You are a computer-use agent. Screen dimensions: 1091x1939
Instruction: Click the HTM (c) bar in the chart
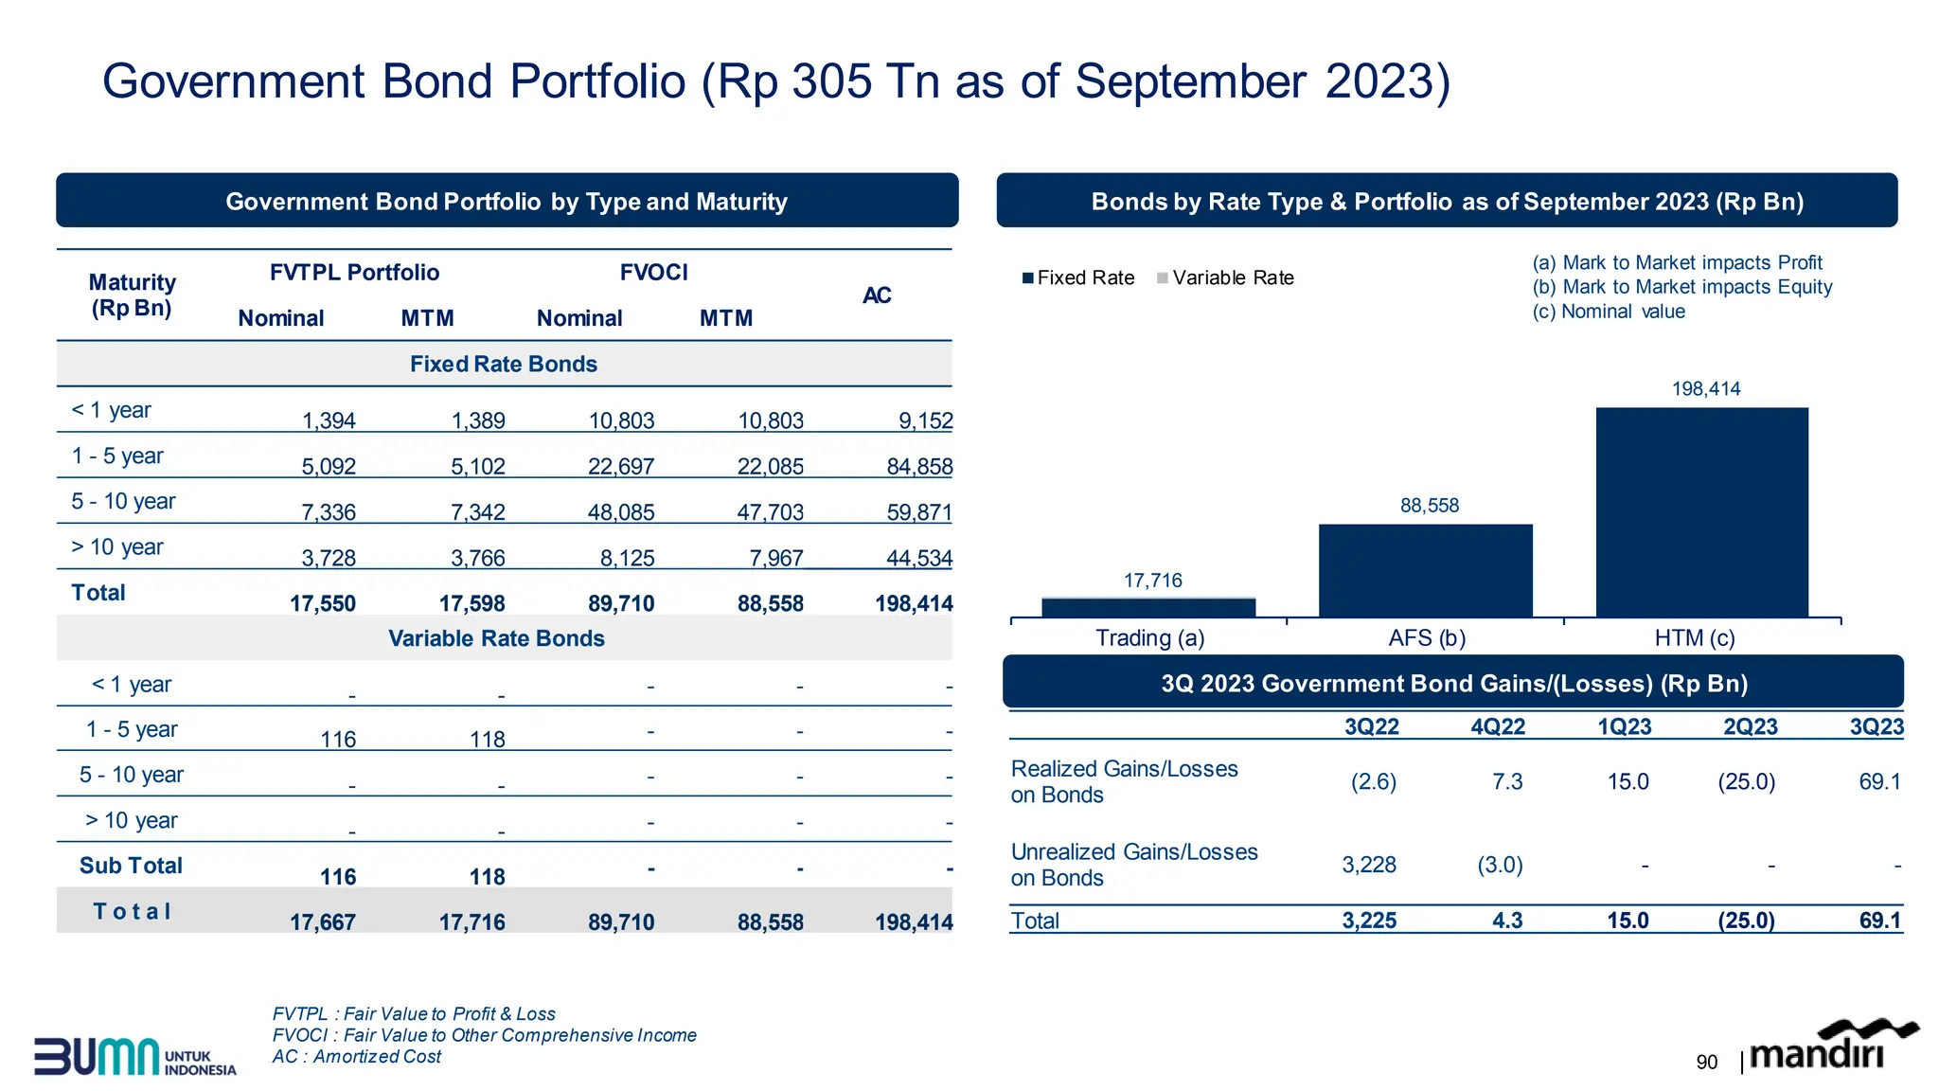(x=1701, y=512)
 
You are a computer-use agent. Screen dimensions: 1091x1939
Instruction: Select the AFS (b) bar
(x=1425, y=570)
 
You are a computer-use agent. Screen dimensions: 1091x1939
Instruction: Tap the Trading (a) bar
(x=1147, y=607)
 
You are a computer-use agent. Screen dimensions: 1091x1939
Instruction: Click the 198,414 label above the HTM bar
(x=1705, y=388)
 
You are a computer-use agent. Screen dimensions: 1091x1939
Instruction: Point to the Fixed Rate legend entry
(x=1078, y=277)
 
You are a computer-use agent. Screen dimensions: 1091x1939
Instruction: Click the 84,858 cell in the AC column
(x=918, y=466)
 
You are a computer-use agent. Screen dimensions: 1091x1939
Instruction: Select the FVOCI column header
(x=653, y=273)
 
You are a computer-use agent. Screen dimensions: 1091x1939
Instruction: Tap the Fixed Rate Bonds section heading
(x=503, y=364)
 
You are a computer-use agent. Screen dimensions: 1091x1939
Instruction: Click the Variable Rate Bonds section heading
(x=496, y=638)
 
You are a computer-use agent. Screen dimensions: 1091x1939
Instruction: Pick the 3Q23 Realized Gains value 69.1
(x=1878, y=781)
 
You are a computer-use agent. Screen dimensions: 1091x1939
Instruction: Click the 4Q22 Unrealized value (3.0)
(x=1500, y=865)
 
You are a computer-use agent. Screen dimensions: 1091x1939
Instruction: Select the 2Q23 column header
(x=1750, y=726)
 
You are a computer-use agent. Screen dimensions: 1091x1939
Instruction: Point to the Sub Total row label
(x=131, y=866)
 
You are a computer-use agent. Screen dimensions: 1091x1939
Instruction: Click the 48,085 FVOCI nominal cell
(x=620, y=512)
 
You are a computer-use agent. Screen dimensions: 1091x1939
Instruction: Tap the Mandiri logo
(x=1831, y=1046)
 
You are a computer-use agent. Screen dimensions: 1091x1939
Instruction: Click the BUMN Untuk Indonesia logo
(x=134, y=1056)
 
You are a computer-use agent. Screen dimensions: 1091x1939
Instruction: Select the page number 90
(x=1706, y=1062)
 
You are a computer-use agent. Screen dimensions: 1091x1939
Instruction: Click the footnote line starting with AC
(x=356, y=1056)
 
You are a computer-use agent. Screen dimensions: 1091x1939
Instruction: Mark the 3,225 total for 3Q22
(x=1368, y=921)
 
